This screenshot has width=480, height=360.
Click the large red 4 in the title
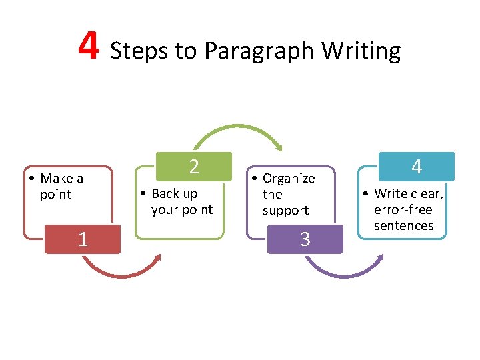tap(89, 46)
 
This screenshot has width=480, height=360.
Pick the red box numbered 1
tap(83, 239)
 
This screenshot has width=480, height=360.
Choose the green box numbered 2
tap(193, 167)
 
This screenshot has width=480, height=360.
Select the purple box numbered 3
tap(305, 239)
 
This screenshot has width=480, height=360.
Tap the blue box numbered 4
tap(416, 167)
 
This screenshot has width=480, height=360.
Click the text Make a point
tap(61, 186)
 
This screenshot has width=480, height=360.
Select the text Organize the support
tap(287, 194)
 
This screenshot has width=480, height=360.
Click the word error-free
tap(403, 209)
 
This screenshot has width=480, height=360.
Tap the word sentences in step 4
tap(403, 225)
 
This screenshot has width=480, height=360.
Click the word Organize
tap(289, 178)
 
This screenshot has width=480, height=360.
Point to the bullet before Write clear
tap(367, 194)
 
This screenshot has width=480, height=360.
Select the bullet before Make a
tap(32, 179)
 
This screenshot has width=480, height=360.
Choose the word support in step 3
tap(285, 210)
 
